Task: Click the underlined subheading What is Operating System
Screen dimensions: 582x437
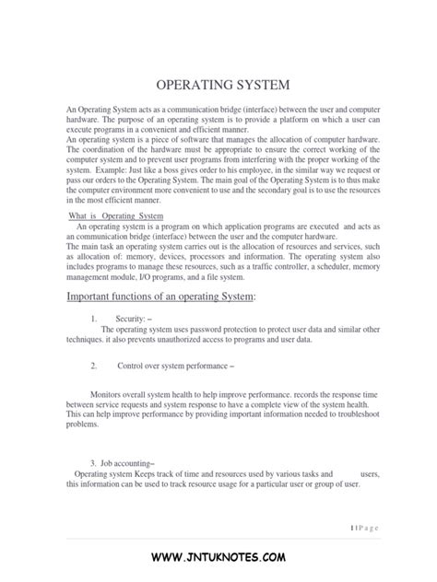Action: [x=117, y=216]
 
